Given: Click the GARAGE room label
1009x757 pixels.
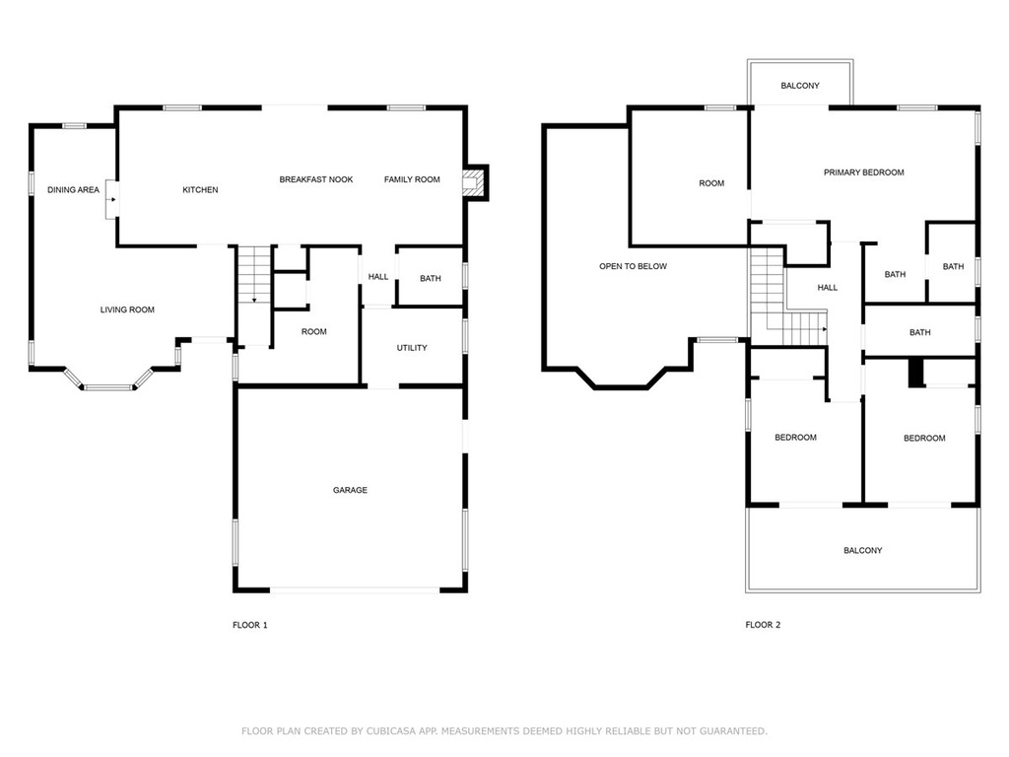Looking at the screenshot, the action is [350, 490].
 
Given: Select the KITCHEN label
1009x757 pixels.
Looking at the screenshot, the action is [200, 190].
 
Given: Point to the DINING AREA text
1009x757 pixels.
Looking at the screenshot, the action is [73, 190].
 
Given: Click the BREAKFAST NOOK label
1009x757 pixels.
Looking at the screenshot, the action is [316, 179].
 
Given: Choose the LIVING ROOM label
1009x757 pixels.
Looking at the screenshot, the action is [127, 310].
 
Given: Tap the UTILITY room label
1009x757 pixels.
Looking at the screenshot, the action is [412, 348].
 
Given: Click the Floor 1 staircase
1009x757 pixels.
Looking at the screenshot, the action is [254, 275].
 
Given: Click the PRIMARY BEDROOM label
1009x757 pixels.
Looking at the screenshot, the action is [863, 172].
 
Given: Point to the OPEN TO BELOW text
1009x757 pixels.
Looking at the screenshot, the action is [634, 266].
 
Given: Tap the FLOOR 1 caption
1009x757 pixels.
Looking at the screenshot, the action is [250, 625].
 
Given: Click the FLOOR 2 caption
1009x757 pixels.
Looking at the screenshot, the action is [764, 624].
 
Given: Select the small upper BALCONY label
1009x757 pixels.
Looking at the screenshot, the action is [800, 86].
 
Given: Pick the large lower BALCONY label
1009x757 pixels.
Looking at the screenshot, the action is [863, 550].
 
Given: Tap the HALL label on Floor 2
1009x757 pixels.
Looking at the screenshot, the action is [828, 288].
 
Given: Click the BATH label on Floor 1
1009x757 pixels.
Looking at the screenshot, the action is [431, 279].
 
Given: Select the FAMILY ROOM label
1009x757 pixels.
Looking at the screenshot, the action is [412, 179].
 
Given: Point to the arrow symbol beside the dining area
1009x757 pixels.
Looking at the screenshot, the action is [112, 199].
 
